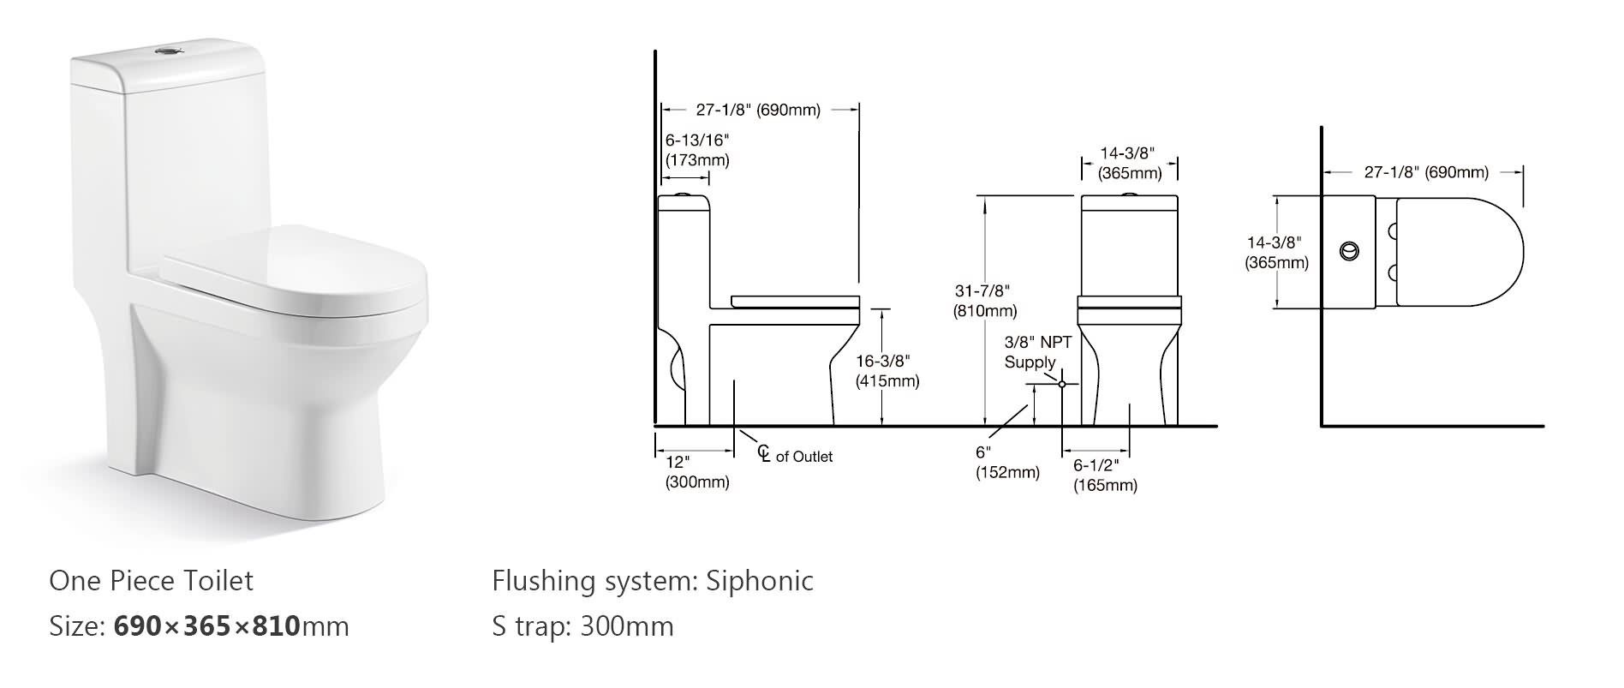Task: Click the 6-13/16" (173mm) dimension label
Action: point(697,150)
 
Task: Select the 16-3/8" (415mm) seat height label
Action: point(887,371)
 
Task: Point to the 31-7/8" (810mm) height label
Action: point(985,301)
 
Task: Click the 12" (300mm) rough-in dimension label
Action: point(696,472)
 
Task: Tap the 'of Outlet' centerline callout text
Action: point(803,457)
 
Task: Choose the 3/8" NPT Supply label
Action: point(1037,352)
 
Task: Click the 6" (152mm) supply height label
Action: point(1007,463)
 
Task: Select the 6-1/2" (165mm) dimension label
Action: point(1105,475)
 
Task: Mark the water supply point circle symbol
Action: point(1062,384)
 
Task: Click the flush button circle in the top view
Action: point(1349,251)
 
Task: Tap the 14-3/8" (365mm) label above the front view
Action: point(1129,163)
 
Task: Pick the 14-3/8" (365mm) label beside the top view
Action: point(1276,253)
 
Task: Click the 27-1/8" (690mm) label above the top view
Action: point(1426,172)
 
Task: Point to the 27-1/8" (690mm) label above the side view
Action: point(758,110)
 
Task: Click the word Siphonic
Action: point(759,581)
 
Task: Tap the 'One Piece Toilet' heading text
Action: point(152,581)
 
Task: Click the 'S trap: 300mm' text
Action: point(582,626)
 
